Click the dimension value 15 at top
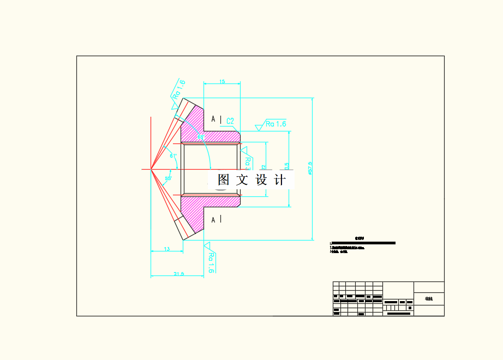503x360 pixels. point(222,81)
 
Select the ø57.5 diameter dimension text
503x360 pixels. point(310,168)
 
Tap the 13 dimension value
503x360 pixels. point(166,249)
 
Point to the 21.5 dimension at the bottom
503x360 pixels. point(178,274)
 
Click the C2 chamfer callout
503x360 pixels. point(230,121)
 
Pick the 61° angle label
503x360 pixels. point(173,156)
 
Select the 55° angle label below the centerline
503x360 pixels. point(168,178)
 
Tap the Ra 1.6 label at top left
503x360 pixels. point(178,89)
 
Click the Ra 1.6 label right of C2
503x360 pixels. point(276,124)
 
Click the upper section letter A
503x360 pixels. point(213,119)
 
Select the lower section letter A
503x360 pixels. point(213,219)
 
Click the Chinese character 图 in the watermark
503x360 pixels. point(223,180)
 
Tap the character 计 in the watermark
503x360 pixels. point(279,180)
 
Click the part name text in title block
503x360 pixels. point(429,299)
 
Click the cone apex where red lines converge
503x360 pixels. point(151,169)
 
